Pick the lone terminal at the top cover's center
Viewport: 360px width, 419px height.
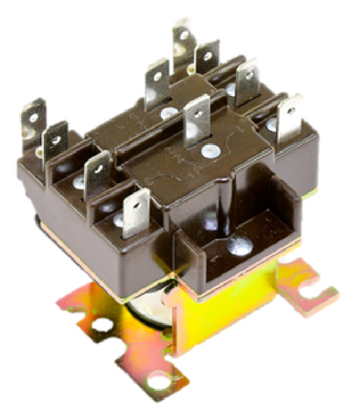click(x=197, y=120)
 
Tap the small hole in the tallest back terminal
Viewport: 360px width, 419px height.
click(x=182, y=35)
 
